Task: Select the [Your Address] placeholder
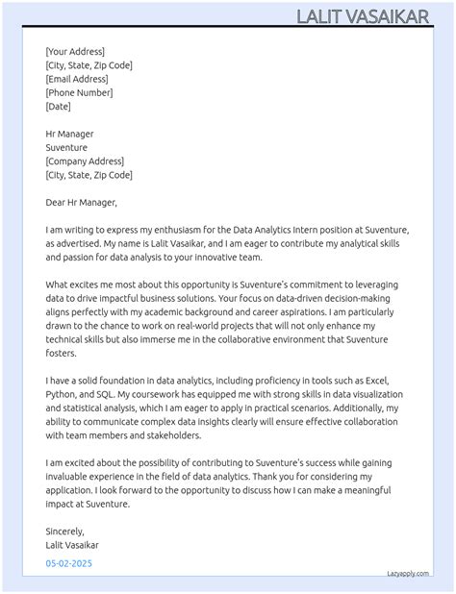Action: [75, 52]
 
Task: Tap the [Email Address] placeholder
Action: [76, 79]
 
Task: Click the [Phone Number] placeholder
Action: [79, 93]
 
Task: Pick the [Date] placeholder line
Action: [58, 107]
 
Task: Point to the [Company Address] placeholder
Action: [85, 161]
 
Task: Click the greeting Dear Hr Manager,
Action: [81, 203]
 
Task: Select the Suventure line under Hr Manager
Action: [66, 148]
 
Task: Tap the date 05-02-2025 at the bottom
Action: [69, 563]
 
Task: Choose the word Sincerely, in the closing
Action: [65, 531]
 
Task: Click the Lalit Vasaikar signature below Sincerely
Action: [72, 545]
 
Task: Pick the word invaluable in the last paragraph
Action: [73, 477]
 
